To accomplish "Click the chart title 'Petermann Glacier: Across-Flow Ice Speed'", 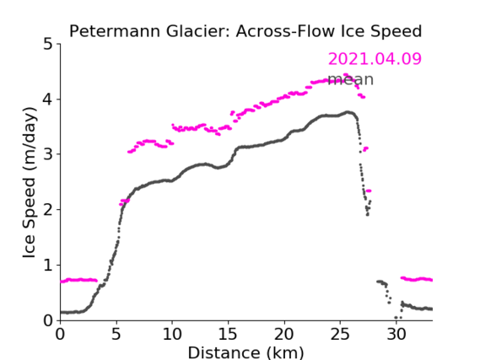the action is (245, 31).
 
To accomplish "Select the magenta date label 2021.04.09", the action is (375, 59).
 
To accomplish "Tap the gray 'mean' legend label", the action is (351, 79).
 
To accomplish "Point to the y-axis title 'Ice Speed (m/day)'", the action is (30, 182).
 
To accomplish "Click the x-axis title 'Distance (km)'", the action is (245, 352).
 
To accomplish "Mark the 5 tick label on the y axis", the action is (48, 45).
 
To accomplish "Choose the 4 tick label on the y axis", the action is (48, 99).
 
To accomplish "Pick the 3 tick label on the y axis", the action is (48, 155).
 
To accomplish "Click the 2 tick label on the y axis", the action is (48, 210).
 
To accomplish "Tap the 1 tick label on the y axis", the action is (48, 266).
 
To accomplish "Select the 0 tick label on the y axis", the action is (48, 321).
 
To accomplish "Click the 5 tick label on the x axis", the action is (116, 334).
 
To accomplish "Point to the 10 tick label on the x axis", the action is (172, 334).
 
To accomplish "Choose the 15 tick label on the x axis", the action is (228, 334).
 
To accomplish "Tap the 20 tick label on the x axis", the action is (284, 334).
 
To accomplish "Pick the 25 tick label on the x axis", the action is (340, 334).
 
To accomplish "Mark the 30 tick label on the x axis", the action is (396, 334).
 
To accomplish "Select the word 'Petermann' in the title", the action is (115, 31).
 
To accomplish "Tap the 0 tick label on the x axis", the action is (60, 334).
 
